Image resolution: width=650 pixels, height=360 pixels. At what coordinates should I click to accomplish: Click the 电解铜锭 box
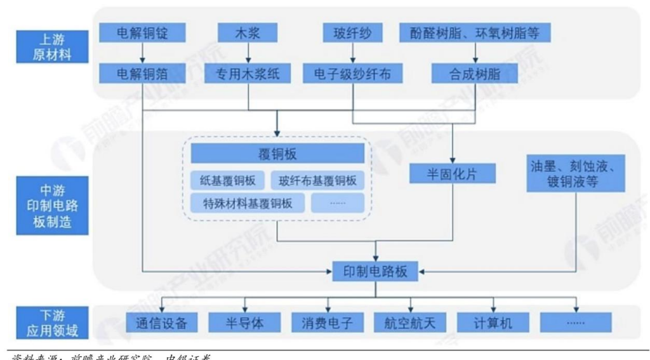143,31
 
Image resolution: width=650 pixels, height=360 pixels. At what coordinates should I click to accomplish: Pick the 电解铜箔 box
143,74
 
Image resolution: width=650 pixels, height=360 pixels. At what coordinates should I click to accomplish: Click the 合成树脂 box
467,74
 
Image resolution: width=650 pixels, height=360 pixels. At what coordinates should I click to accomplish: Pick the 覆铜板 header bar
278,154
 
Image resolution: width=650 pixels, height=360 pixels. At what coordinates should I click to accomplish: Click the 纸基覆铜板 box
228,180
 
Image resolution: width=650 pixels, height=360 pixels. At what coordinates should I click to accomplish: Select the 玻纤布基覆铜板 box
318,180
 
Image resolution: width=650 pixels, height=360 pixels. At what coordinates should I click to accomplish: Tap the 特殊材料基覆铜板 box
245,203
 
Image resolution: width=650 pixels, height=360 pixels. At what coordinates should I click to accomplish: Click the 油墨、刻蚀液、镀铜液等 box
576,173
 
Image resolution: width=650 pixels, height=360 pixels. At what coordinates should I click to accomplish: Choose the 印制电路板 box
376,272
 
